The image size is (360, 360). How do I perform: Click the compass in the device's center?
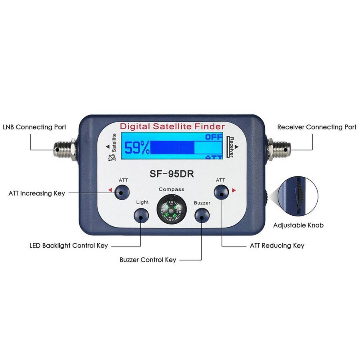coord(172,209)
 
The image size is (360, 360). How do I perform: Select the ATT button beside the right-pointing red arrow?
coord(221,192)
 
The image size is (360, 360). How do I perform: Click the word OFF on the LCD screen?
coord(214,137)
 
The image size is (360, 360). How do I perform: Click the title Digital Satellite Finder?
coord(172,127)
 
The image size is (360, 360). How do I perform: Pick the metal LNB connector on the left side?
coord(64,150)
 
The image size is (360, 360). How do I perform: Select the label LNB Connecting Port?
coord(34,127)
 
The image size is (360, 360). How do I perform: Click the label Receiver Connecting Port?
coord(317,127)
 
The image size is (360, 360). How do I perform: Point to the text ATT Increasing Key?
coord(37,193)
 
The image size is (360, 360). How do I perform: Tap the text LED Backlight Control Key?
coord(69,245)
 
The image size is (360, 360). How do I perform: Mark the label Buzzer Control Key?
coord(148,260)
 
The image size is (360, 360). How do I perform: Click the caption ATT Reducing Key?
coord(277,245)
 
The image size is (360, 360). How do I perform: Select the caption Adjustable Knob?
coord(298,225)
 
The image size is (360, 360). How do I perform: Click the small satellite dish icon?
coord(112,158)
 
